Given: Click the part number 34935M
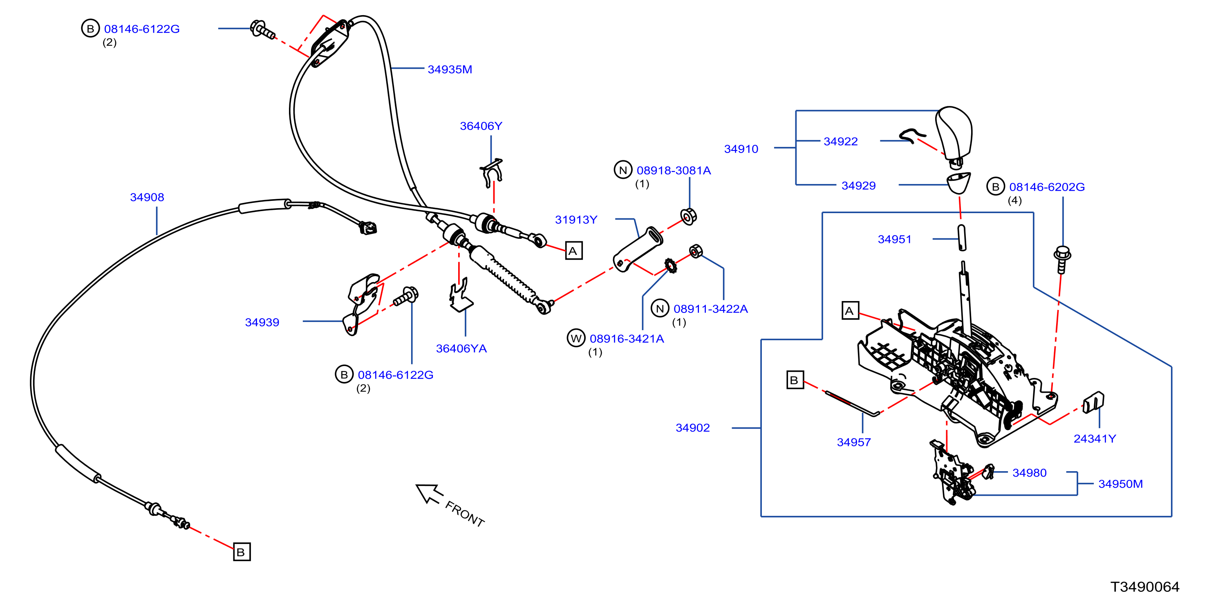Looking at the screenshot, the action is pos(450,70).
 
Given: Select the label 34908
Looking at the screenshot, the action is pos(147,198).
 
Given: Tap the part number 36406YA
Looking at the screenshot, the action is pos(461,348).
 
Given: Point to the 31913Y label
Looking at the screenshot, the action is pos(576,220).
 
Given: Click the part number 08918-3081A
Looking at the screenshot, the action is pos(674,171).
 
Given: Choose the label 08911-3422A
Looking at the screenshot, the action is pos(710,309).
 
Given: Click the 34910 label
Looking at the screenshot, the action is pos(741,149).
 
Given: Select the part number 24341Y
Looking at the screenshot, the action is pos(1094,438).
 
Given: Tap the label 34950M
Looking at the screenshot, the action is pos(1120,484).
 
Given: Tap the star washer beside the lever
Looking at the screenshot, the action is pos(671,265).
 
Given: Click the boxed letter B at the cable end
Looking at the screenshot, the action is pos(242,552).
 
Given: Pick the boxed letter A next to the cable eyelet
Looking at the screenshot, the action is pos(573,251).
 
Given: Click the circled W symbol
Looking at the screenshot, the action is pos(575,339).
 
